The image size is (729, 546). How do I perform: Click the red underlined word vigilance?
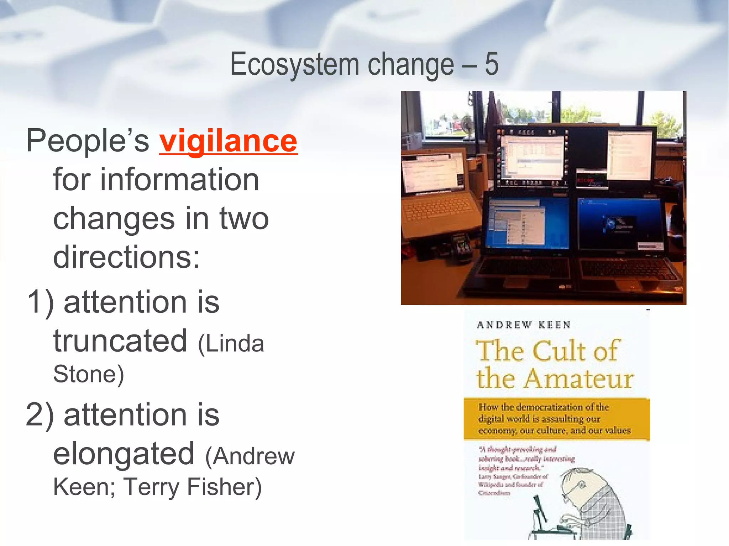[x=228, y=141]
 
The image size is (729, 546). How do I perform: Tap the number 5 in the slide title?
[x=491, y=64]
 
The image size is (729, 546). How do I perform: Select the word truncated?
[x=120, y=341]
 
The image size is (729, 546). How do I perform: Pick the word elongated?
[x=124, y=454]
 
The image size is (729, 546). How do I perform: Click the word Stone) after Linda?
[x=88, y=374]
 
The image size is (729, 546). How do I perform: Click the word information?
[x=156, y=180]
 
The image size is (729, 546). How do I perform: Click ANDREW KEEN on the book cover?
[x=524, y=325]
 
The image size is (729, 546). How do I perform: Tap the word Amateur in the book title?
[x=579, y=379]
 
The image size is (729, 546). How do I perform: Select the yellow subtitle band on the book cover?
[x=556, y=419]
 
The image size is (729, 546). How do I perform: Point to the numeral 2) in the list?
[x=40, y=416]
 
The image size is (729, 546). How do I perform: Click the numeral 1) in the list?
[x=40, y=303]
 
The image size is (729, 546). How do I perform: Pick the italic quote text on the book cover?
[x=526, y=459]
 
